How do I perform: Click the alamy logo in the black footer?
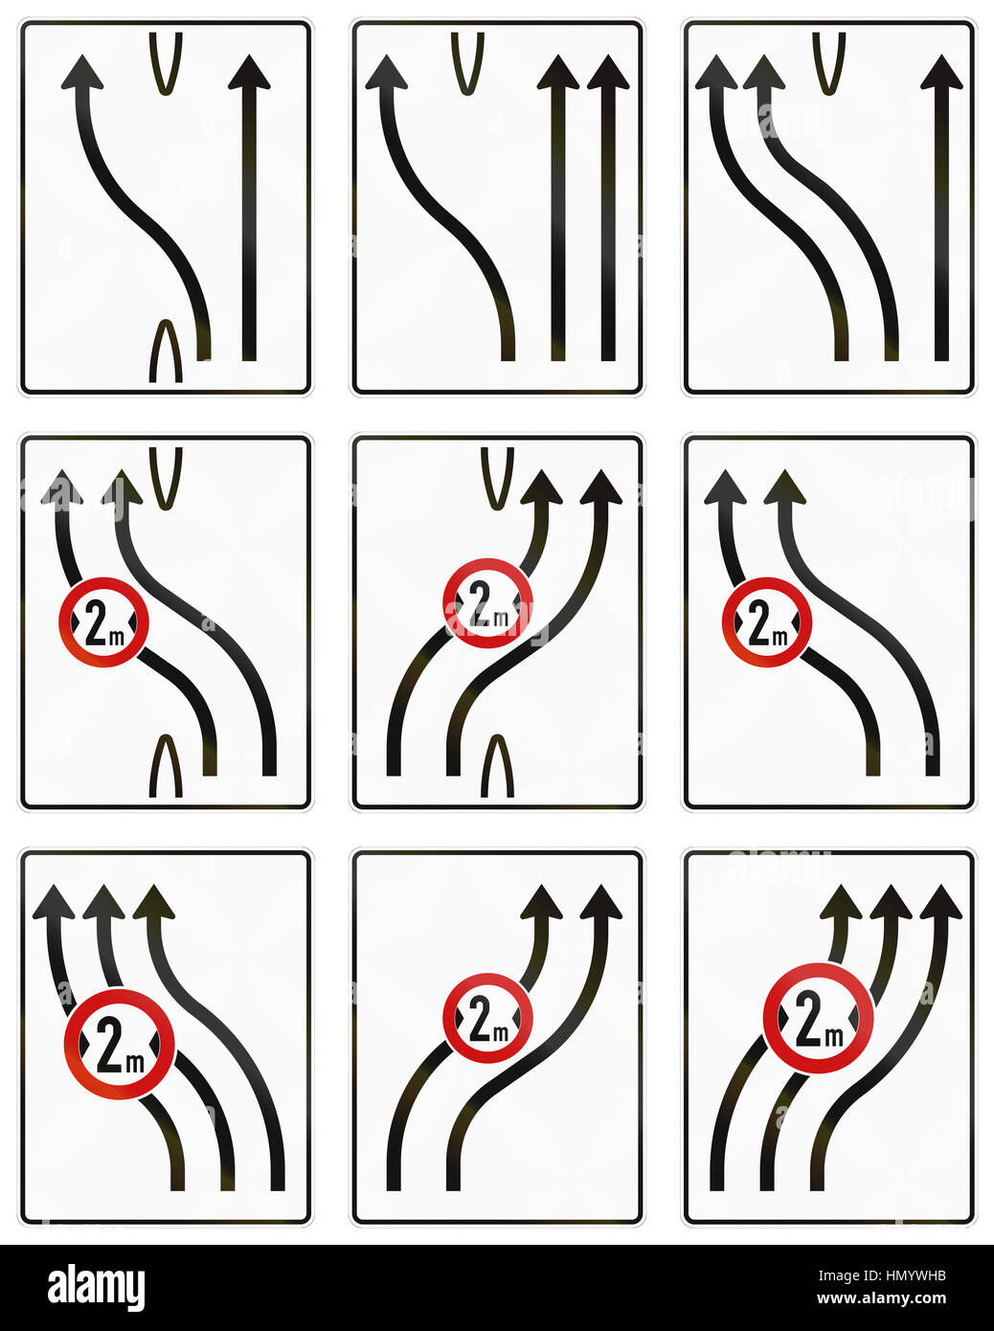(96, 1288)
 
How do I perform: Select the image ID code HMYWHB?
(916, 1275)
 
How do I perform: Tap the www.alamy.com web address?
(881, 1297)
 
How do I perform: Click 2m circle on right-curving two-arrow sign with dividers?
(487, 603)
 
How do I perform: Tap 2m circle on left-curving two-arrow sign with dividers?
(103, 622)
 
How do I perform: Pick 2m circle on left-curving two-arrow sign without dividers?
(767, 622)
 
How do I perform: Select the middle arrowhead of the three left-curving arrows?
(103, 902)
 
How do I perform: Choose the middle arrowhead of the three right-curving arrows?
(891, 902)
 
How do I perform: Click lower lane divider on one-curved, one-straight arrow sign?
(166, 350)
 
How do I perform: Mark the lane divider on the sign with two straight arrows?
(467, 63)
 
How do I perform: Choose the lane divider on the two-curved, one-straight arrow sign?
(829, 63)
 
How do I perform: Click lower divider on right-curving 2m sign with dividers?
(497, 765)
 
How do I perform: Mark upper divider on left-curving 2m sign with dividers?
(166, 479)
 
